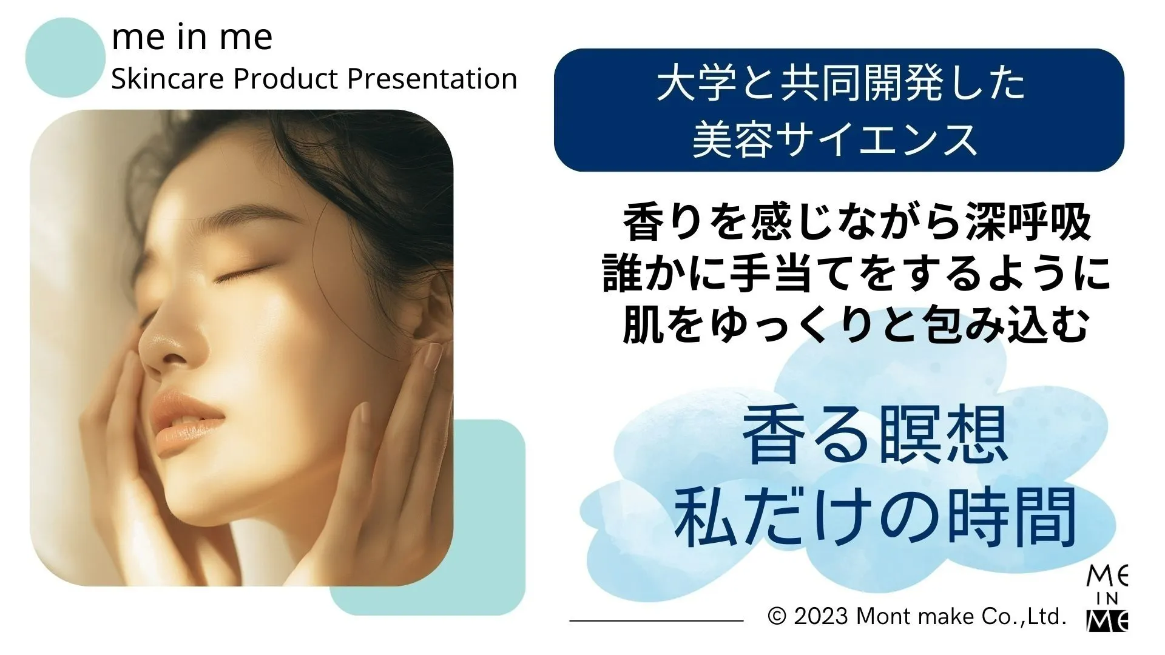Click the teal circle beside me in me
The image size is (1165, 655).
(x=66, y=58)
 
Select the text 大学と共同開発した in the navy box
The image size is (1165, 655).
(x=840, y=84)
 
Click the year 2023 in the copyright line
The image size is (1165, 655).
(x=820, y=616)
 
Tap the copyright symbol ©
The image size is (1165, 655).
(x=777, y=617)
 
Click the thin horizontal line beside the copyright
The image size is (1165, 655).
(x=656, y=620)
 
